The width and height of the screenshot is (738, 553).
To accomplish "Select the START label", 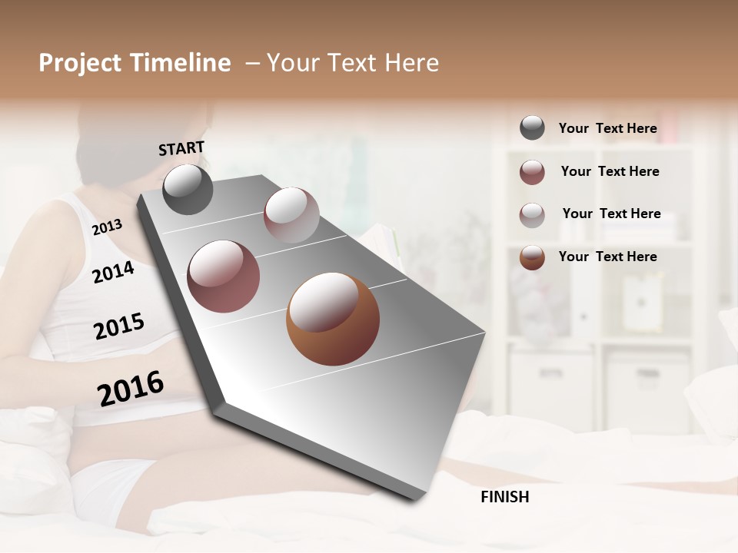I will (x=181, y=148).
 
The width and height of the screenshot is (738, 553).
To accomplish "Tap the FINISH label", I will (x=504, y=497).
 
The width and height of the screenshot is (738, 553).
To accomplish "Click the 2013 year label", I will (x=107, y=227).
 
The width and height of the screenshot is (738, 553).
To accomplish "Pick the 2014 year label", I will (x=114, y=272).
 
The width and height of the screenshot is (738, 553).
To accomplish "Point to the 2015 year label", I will (x=119, y=326).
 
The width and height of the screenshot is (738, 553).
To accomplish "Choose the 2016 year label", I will (x=131, y=388).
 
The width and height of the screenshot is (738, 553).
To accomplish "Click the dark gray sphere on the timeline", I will (x=188, y=190).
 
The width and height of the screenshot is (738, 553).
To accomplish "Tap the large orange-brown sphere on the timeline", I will (x=333, y=319).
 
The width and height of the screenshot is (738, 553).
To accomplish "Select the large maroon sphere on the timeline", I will (x=224, y=276).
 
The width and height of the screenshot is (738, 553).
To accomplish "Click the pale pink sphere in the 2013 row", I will (x=291, y=215).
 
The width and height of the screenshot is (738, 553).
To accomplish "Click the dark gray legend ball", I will (x=532, y=127).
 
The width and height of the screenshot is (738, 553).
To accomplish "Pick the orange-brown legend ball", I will (x=532, y=257).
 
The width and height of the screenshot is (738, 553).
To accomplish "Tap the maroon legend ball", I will (x=532, y=172).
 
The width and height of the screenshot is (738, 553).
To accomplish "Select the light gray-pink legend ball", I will (x=532, y=215).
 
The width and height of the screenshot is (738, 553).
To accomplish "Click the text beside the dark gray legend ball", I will (x=607, y=128).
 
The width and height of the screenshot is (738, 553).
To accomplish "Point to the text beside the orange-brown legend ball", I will (x=607, y=257).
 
